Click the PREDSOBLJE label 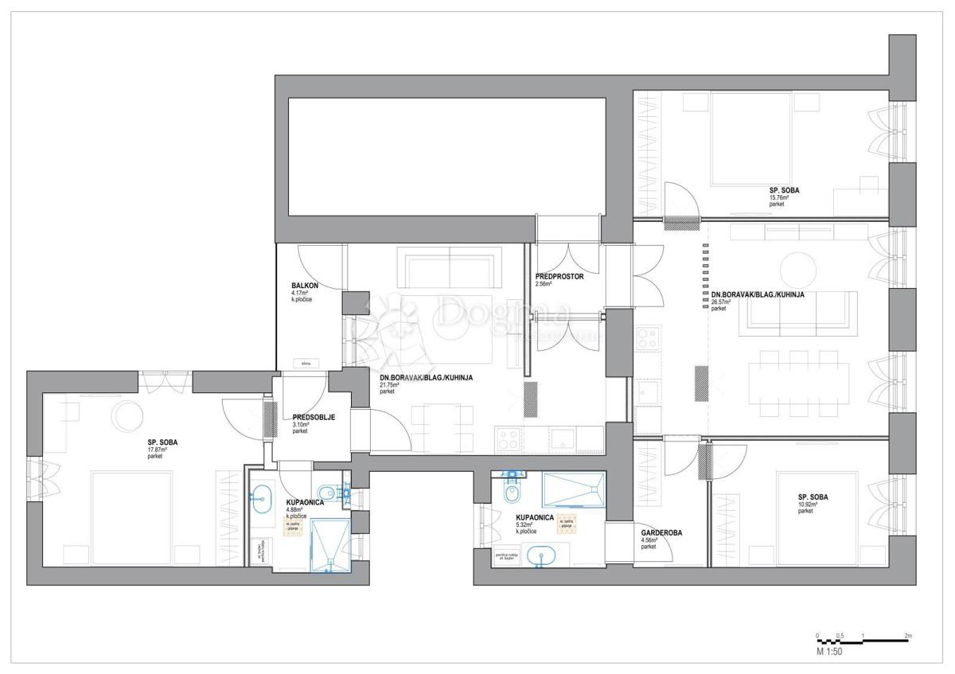307,416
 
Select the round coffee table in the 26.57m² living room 798,267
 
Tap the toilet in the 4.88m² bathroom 327,492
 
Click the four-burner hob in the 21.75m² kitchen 509,437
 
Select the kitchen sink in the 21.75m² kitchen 566,437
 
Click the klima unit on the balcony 305,364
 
